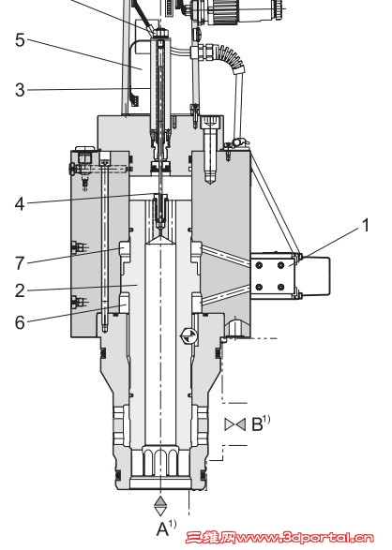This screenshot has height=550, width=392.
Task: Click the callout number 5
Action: click(x=20, y=40)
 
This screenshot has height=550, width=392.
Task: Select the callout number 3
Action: click(x=20, y=90)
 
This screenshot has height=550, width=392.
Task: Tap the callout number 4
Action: click(x=20, y=204)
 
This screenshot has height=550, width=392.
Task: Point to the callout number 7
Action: click(x=20, y=263)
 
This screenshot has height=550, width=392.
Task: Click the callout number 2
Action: click(x=20, y=290)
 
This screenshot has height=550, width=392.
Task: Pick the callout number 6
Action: click(x=20, y=322)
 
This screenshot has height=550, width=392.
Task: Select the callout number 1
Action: click(x=366, y=225)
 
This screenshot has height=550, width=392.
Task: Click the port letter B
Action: click(x=257, y=424)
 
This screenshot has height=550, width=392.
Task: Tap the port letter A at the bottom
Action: click(x=162, y=529)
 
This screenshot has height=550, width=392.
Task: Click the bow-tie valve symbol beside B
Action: click(x=235, y=424)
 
